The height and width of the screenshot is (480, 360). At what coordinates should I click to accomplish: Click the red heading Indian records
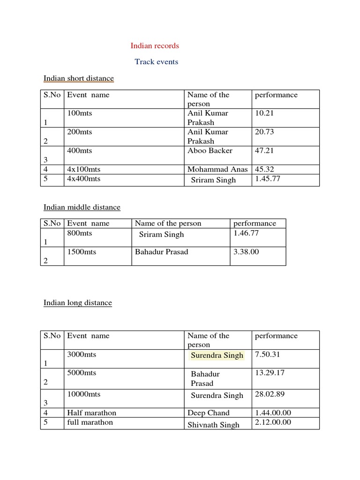(155, 46)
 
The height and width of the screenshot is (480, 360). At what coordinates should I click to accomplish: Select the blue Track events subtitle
(156, 62)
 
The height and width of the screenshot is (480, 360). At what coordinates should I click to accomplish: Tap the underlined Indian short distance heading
(79, 78)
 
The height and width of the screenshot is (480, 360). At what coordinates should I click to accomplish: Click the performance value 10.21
(264, 113)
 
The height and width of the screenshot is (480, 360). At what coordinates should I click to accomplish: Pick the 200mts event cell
(80, 132)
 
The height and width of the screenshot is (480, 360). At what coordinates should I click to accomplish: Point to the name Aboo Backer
(210, 151)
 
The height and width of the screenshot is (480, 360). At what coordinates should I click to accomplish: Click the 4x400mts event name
(84, 179)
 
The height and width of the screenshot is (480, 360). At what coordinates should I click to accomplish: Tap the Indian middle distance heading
(82, 207)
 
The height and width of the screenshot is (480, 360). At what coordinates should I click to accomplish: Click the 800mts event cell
(80, 233)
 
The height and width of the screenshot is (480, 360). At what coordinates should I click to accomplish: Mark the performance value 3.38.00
(246, 252)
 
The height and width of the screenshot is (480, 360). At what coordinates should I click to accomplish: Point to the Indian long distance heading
(78, 303)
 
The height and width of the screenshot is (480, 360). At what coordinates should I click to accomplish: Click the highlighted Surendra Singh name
(217, 355)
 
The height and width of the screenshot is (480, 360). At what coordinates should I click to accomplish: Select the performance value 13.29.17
(270, 373)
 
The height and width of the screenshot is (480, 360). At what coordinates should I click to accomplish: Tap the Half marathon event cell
(92, 413)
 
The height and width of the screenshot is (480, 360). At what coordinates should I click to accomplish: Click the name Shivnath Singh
(213, 425)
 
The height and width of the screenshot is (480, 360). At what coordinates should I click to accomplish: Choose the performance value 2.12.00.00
(273, 422)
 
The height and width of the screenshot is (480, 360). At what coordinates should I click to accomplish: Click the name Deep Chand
(209, 413)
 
